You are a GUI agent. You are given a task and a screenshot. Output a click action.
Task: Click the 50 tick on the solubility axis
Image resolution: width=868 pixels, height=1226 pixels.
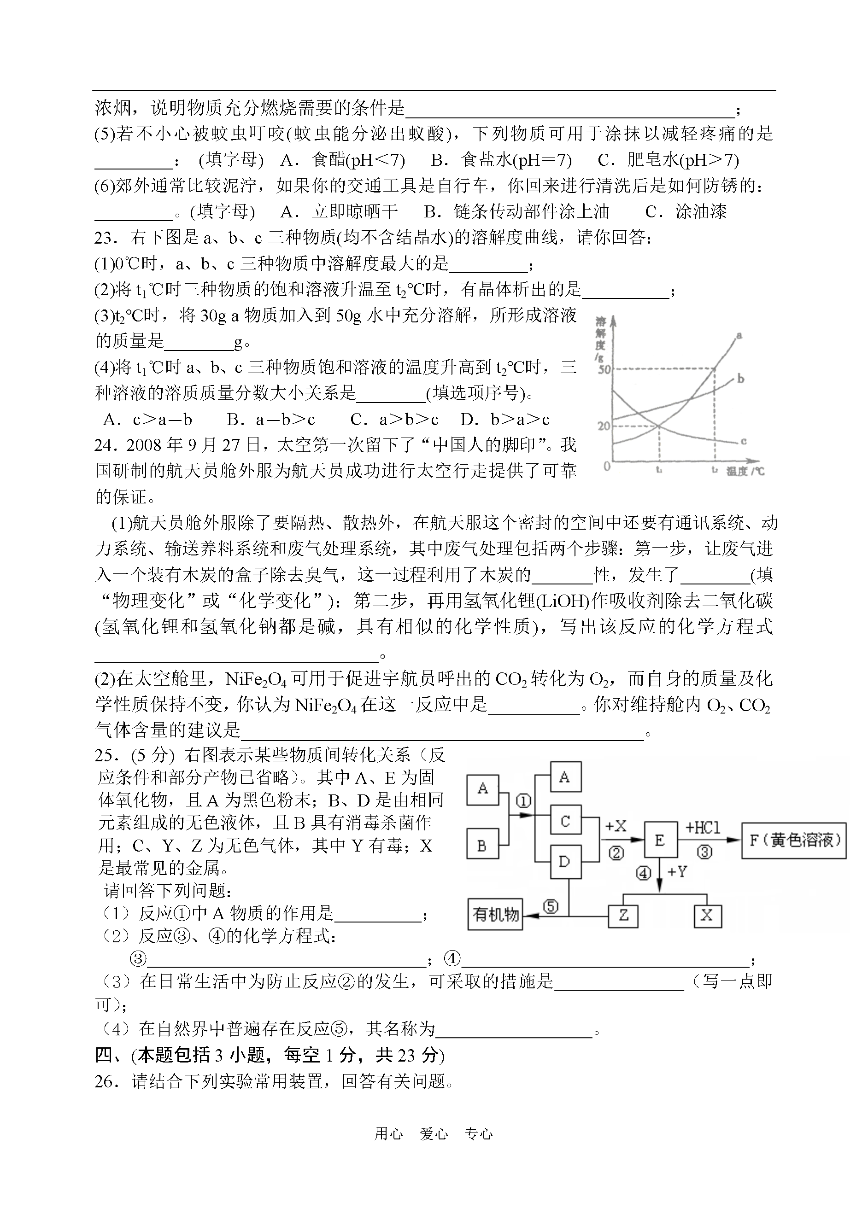(x=604, y=369)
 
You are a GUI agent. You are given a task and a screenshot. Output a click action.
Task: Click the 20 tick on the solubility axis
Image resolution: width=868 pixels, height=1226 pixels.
(x=604, y=426)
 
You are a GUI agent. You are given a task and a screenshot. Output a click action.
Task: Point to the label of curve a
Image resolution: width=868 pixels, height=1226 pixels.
(x=739, y=335)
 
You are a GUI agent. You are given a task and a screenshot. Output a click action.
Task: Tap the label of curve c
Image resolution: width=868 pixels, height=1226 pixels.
(x=744, y=441)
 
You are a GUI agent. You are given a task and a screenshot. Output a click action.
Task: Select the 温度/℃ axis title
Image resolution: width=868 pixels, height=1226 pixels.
(x=745, y=471)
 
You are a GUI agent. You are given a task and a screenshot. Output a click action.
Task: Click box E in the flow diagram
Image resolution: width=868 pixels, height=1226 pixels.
(x=660, y=841)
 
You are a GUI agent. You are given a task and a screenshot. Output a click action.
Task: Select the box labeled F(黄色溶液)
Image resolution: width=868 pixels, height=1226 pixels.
(x=794, y=841)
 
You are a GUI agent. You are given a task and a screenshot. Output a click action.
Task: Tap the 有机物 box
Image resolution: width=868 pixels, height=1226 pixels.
(x=495, y=915)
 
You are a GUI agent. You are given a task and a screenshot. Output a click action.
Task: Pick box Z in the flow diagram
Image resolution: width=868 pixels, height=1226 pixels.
(x=623, y=915)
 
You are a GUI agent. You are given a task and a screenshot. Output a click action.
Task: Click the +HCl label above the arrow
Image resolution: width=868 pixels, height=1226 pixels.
(x=703, y=828)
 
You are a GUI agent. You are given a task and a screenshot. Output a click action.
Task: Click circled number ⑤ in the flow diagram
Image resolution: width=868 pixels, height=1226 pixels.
(x=551, y=906)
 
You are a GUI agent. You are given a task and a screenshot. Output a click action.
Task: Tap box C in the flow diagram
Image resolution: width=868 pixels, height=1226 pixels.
(x=565, y=821)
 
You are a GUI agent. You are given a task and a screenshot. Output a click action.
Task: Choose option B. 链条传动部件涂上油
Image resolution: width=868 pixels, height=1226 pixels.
(x=516, y=211)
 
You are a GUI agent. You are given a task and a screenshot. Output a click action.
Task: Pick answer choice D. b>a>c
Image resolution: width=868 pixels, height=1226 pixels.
(x=504, y=420)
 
